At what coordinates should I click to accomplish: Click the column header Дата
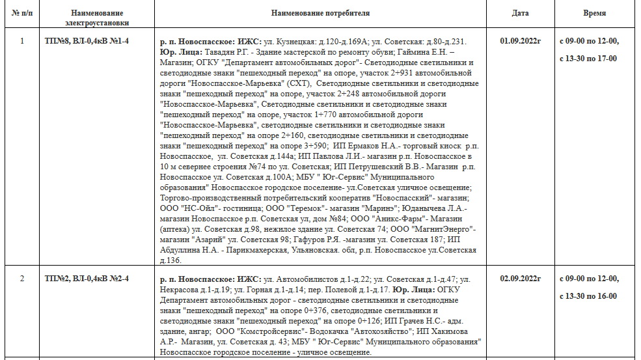pyautogui.click(x=520, y=13)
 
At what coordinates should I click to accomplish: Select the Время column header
pyautogui.click(x=594, y=13)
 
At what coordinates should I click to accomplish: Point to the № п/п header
pyautogui.click(x=22, y=13)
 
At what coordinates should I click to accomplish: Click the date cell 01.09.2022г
pyautogui.click(x=520, y=41)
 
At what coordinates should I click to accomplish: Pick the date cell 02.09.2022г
pyautogui.click(x=520, y=279)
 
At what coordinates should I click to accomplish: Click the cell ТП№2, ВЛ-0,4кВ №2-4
pyautogui.click(x=87, y=279)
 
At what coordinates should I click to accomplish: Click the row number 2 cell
pyautogui.click(x=22, y=279)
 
